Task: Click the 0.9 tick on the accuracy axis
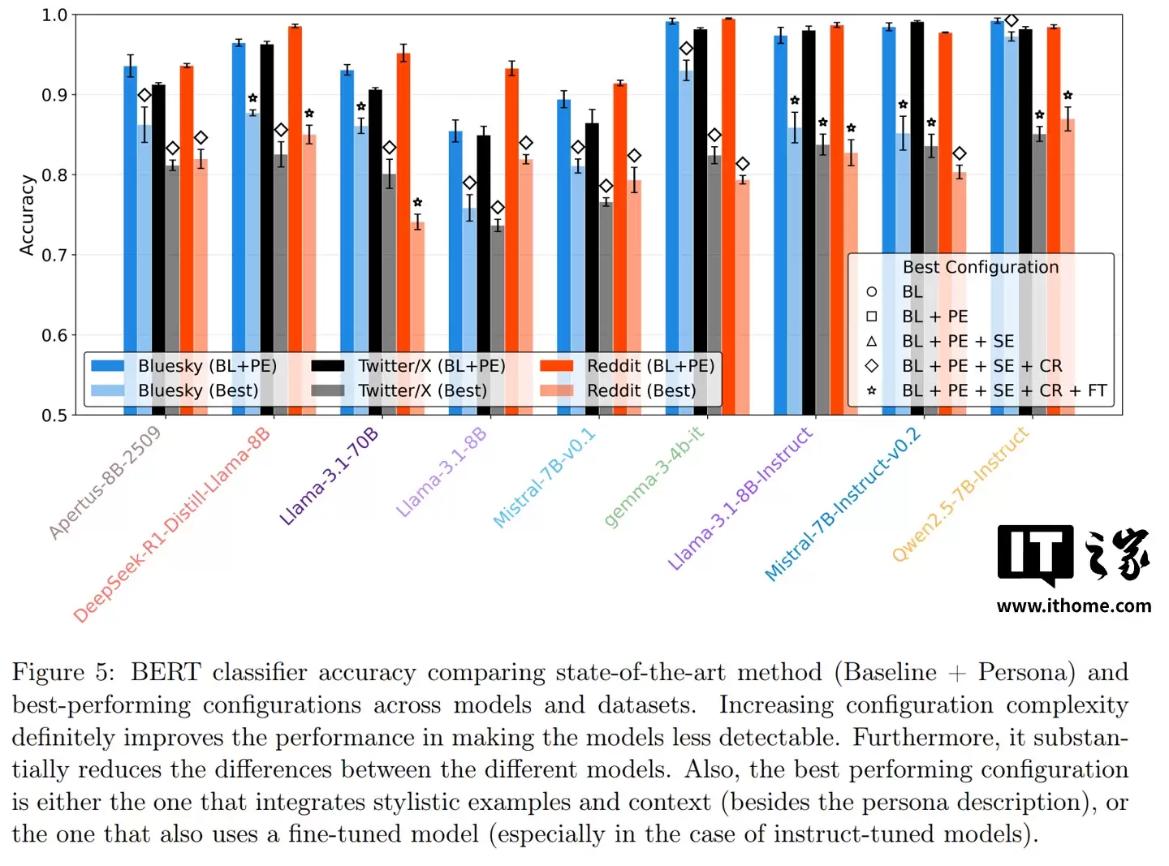(54, 95)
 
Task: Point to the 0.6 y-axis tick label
(54, 335)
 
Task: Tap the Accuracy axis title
(28, 215)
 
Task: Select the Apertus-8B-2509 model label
(105, 482)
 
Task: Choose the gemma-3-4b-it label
(654, 477)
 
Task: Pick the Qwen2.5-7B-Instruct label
(960, 494)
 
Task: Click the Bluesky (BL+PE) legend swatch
(108, 366)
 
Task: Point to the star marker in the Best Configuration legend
(871, 390)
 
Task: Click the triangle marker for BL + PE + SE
(871, 341)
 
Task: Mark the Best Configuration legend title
(980, 267)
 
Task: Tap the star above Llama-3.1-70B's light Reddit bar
(417, 202)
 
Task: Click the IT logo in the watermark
(1036, 554)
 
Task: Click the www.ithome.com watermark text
(1073, 605)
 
